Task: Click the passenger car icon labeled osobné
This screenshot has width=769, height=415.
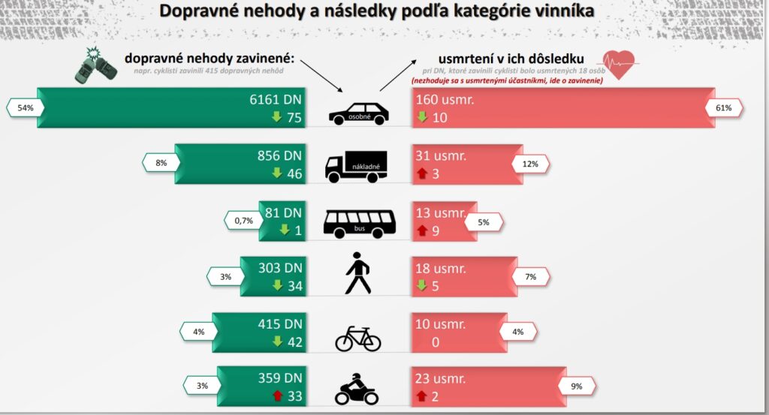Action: (x=359, y=113)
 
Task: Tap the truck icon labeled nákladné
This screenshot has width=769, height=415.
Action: (x=356, y=167)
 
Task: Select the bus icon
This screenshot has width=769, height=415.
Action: (x=360, y=222)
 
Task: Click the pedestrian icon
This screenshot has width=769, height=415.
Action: (x=357, y=275)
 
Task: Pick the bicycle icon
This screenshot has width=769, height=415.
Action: (x=357, y=338)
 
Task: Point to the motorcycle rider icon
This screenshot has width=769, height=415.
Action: (x=357, y=389)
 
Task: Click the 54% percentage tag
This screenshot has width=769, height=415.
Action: (x=26, y=108)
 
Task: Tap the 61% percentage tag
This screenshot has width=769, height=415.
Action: (x=724, y=108)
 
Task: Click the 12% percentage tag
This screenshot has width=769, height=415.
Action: (x=530, y=164)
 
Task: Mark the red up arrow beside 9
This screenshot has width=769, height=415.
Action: (x=423, y=229)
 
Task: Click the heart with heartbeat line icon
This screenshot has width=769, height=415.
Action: (x=620, y=64)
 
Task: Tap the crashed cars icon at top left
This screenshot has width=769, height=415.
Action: (x=95, y=65)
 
